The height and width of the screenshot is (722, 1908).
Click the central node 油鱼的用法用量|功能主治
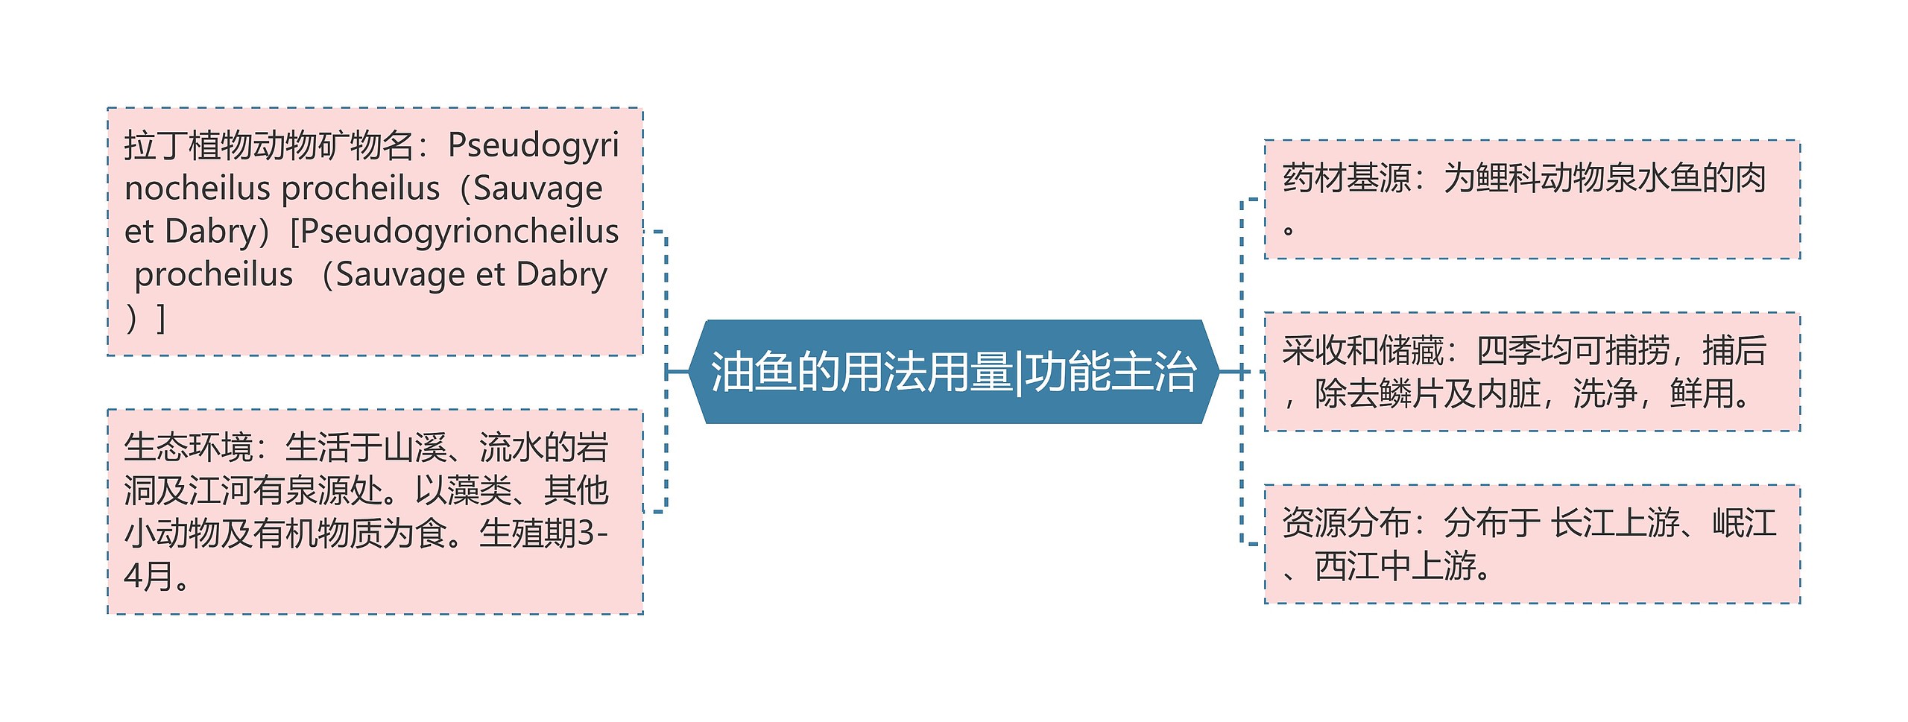[954, 372]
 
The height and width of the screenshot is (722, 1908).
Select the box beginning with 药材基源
[1532, 200]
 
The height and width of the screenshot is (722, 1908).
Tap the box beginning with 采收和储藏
[1532, 372]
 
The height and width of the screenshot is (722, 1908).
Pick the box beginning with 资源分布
[1532, 544]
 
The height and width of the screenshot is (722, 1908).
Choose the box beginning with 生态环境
[375, 512]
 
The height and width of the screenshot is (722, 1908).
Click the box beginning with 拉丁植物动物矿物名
[375, 232]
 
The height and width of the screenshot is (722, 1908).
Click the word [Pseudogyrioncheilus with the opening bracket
[455, 232]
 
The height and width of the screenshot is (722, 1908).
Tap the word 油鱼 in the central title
[753, 372]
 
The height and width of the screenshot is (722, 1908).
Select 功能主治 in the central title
[1111, 372]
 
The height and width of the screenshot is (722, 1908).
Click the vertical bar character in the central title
[1019, 372]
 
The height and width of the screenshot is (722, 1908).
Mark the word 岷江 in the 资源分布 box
[1744, 522]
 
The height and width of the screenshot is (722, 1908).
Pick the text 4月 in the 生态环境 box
[148, 576]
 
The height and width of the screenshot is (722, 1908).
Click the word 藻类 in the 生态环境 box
[478, 490]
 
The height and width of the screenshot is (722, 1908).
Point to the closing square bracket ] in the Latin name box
[160, 318]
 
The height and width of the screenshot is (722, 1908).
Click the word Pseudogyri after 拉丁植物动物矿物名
[533, 145]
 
